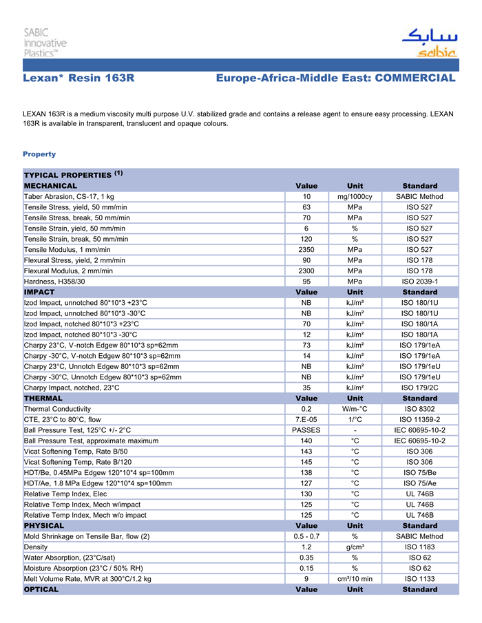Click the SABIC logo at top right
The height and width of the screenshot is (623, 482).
click(x=428, y=43)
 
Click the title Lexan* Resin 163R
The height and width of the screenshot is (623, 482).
click(x=78, y=78)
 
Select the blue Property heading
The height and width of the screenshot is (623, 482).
click(x=39, y=154)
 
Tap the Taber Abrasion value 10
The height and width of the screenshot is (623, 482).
click(x=306, y=197)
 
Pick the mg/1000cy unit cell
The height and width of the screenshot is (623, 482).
click(x=355, y=197)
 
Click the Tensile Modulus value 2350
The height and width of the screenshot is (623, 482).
click(x=306, y=249)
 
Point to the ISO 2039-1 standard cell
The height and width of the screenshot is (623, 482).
click(x=419, y=281)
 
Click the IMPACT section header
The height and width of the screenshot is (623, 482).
click(x=39, y=292)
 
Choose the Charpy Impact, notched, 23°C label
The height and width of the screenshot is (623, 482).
click(x=72, y=388)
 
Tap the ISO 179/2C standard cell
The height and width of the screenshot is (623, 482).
click(x=419, y=388)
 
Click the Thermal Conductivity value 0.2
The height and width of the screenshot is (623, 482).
click(x=306, y=409)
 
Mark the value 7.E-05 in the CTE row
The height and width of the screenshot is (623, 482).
click(x=306, y=419)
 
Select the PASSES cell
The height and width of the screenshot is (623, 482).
click(x=306, y=430)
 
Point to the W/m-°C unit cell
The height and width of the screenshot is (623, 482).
click(x=355, y=409)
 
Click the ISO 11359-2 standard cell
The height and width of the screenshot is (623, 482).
click(x=419, y=419)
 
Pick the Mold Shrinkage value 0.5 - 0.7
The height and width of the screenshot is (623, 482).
click(x=306, y=536)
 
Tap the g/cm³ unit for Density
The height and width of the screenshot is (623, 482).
click(x=355, y=547)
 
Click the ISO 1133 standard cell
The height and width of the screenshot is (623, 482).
click(x=419, y=579)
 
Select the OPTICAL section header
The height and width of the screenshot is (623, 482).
click(x=41, y=590)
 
